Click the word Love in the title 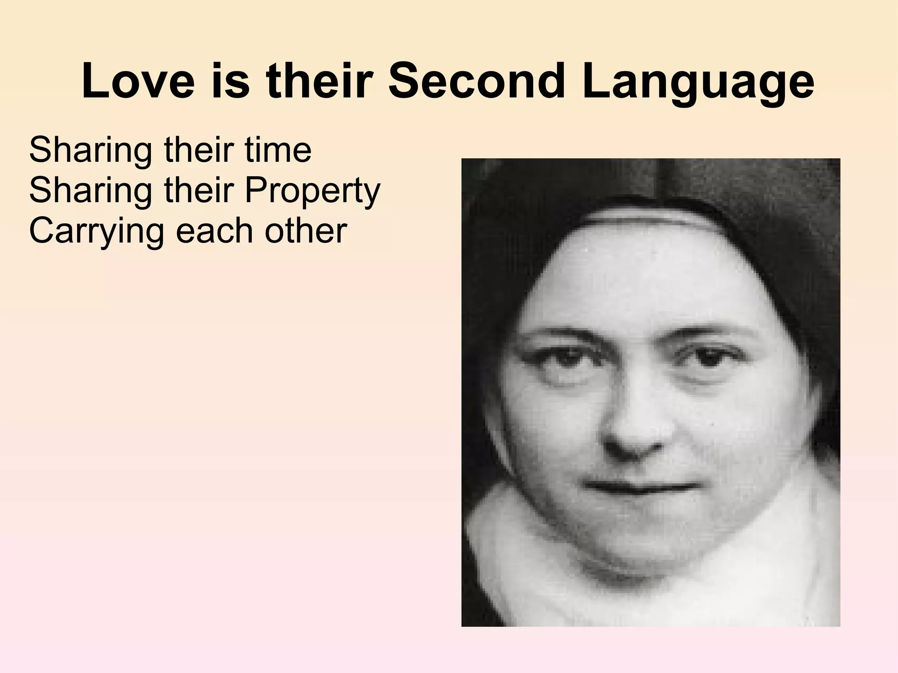point(138,81)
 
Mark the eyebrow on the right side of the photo point(710,331)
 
